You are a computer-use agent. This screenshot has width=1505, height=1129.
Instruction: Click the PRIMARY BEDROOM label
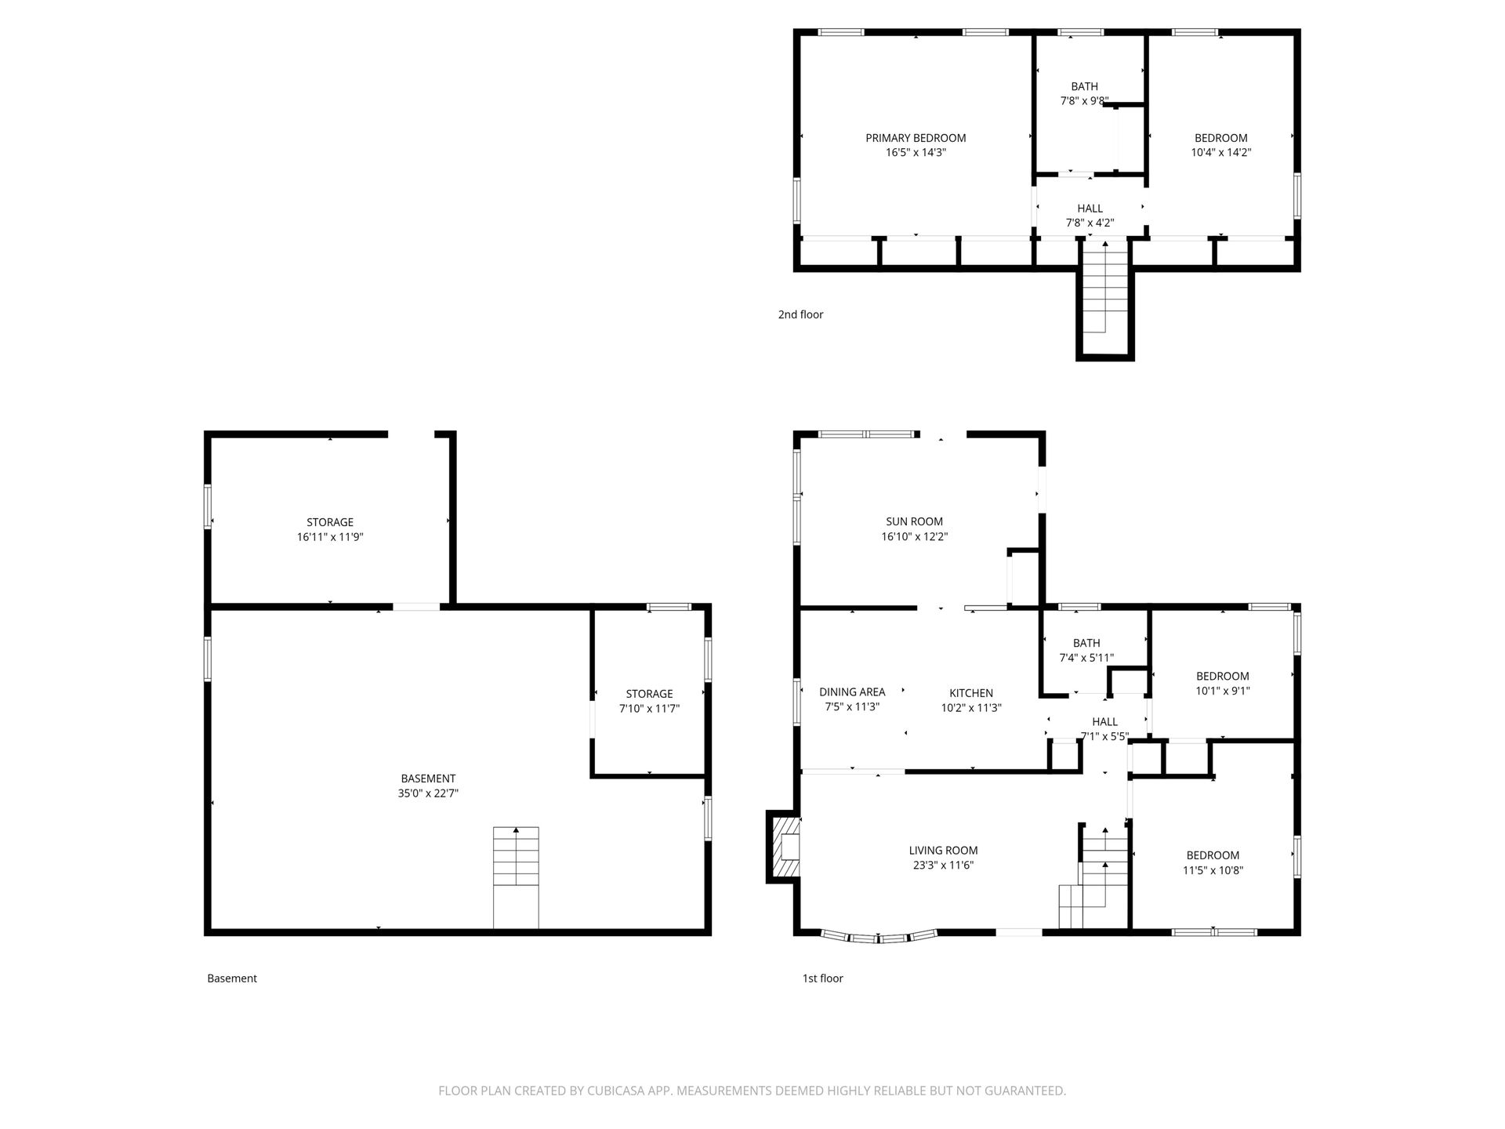coord(916,138)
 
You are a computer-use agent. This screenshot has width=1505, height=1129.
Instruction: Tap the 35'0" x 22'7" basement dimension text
coord(428,793)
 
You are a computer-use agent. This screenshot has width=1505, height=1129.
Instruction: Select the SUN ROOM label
coord(915,521)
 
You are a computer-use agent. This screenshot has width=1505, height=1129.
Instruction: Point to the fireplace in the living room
coord(784,847)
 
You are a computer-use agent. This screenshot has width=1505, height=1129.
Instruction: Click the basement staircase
coord(516,877)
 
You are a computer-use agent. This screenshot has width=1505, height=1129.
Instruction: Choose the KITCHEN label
coord(971,693)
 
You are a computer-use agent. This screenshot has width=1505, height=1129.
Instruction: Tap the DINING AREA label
coord(852,692)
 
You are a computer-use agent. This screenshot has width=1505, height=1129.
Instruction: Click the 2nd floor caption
coord(800,314)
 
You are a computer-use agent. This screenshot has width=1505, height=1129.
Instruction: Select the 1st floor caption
coord(822,978)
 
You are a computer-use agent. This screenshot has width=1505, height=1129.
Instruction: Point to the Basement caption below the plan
coord(232,978)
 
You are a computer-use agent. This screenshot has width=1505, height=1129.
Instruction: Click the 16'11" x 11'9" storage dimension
coord(330,537)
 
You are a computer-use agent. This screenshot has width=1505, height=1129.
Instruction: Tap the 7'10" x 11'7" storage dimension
coord(649,709)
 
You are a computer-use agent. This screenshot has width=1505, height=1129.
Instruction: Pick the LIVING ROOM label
coord(943,851)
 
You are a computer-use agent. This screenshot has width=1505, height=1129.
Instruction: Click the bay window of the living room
coord(879,936)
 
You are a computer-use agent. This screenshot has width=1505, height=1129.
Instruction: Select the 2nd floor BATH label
coord(1085,86)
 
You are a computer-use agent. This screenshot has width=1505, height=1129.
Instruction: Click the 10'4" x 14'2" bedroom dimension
coord(1220,153)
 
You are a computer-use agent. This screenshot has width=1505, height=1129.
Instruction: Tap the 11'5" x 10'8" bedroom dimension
coord(1213,870)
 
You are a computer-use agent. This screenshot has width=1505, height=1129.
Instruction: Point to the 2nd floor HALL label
coord(1090,209)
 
